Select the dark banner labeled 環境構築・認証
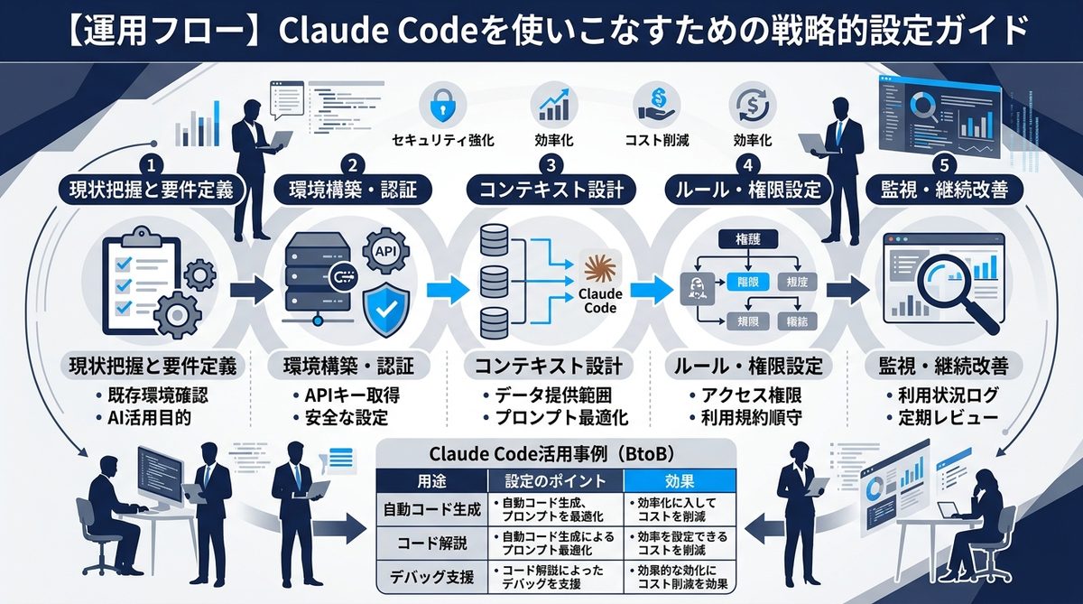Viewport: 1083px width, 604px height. (x=351, y=190)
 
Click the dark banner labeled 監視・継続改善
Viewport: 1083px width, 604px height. (x=943, y=190)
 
